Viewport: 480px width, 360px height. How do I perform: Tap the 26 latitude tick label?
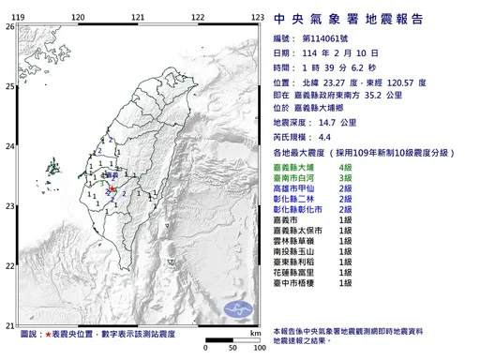pos(9,27)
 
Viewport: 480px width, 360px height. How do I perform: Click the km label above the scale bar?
pos(253,333)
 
